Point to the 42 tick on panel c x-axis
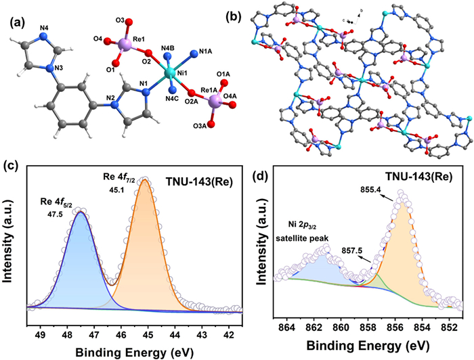click(x=228, y=332)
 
